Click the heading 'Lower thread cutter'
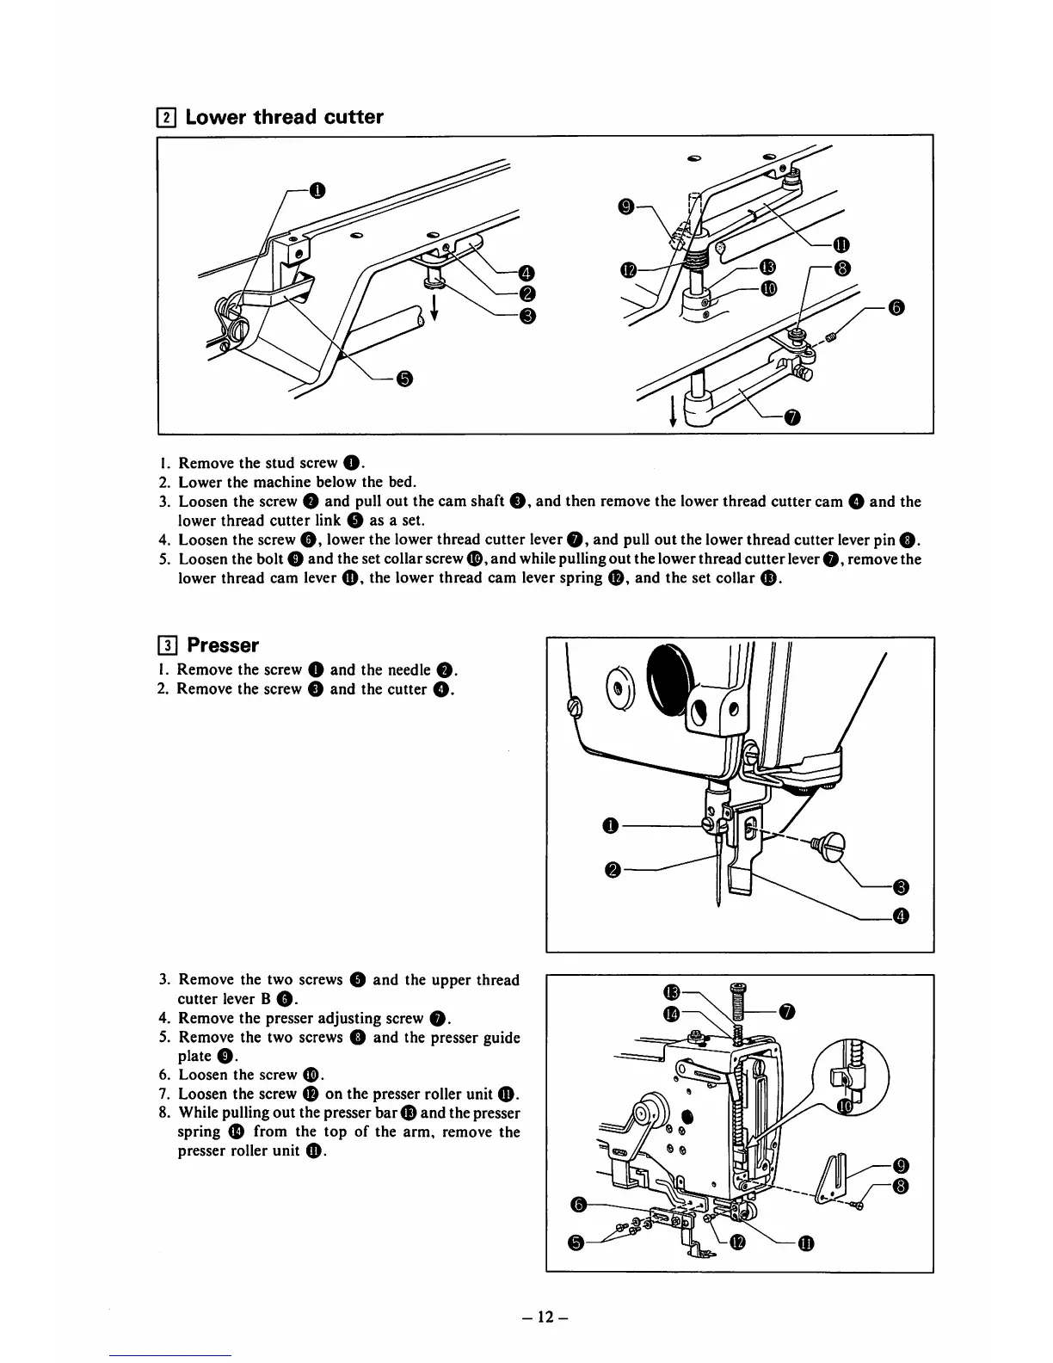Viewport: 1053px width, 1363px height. [x=284, y=117]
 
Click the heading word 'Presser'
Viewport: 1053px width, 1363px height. [x=223, y=644]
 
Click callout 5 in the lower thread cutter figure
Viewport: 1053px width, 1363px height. [x=405, y=379]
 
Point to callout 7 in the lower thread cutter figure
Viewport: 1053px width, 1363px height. [x=792, y=418]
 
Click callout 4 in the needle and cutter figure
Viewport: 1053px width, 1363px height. [x=901, y=916]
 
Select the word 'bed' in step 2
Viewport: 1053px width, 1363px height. [x=403, y=482]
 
